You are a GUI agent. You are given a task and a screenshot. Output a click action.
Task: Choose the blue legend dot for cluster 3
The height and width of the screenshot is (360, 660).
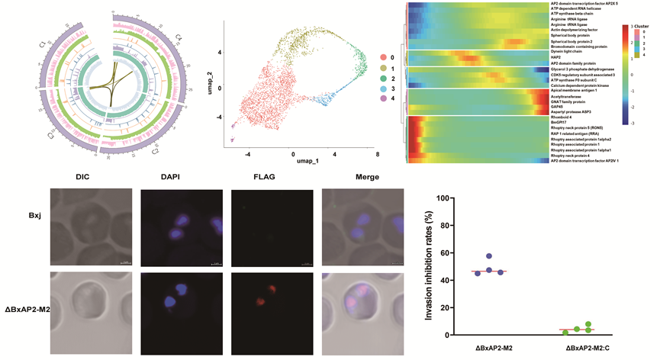(395, 101)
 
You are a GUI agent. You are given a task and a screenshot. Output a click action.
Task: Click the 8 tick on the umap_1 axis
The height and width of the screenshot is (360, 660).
(378, 153)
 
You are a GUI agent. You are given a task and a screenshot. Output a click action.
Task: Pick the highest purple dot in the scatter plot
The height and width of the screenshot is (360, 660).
(489, 256)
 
